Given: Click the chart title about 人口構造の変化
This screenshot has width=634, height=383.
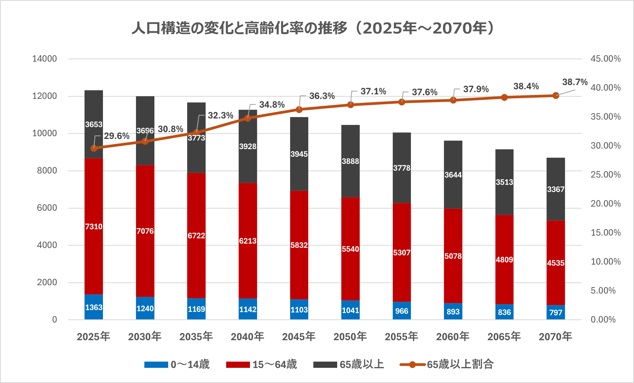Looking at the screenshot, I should point(314,28).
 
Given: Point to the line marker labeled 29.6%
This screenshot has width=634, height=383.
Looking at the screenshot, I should point(94,148).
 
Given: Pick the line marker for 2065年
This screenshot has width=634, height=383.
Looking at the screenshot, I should point(504,98).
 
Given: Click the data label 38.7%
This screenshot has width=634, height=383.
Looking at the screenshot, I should point(575,82).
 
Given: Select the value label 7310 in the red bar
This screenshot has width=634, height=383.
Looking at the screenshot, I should point(94,226).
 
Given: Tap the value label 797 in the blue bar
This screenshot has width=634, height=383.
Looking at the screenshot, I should point(555,313).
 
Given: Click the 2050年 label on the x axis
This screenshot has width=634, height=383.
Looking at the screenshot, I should point(350,337).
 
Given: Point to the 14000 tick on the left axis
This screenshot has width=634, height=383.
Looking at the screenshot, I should point(44,59).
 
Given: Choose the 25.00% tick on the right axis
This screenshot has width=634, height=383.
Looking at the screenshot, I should point(606,175).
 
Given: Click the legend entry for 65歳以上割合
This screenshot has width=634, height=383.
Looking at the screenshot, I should point(447,365).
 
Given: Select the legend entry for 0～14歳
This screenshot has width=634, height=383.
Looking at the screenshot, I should point(177,365).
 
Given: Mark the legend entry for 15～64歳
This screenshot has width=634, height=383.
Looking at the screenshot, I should point(262,365).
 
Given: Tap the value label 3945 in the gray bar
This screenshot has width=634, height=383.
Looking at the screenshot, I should point(299,154).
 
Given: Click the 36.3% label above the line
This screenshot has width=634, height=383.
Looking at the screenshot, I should point(322,96).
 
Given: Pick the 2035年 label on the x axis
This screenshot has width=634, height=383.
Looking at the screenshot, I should point(196,337).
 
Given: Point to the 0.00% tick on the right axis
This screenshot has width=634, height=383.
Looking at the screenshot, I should point(603,320).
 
